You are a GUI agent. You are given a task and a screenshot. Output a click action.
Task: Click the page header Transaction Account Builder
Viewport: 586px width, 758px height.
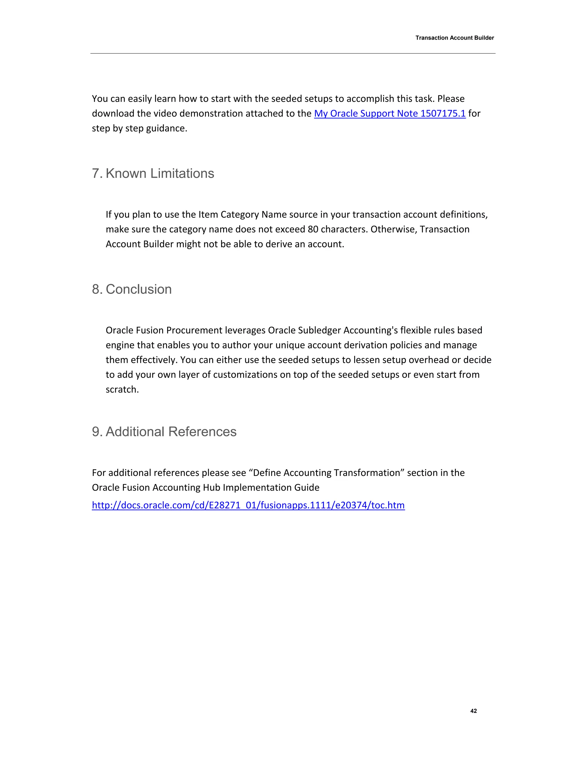click(x=454, y=38)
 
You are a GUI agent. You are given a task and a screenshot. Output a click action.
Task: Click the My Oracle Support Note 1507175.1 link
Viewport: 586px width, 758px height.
click(x=389, y=114)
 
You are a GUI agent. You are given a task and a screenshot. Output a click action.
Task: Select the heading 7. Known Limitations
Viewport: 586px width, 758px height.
click(x=153, y=173)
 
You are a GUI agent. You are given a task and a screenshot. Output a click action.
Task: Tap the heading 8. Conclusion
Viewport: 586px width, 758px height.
click(x=132, y=289)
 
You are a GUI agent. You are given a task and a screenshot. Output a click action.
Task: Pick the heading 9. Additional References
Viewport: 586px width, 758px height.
click(x=164, y=431)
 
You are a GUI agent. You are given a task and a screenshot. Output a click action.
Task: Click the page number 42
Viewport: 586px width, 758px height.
click(x=473, y=711)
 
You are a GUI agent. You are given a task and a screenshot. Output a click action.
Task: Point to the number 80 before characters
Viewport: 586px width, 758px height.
click(x=313, y=229)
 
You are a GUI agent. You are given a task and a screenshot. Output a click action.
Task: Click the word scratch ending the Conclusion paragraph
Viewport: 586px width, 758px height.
click(x=122, y=389)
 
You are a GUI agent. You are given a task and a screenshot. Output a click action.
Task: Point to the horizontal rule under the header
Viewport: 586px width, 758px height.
click(x=293, y=53)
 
